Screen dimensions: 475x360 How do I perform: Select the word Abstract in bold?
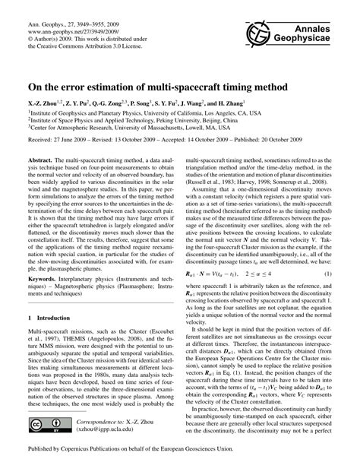[39, 161]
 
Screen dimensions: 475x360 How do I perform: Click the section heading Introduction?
[62, 316]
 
